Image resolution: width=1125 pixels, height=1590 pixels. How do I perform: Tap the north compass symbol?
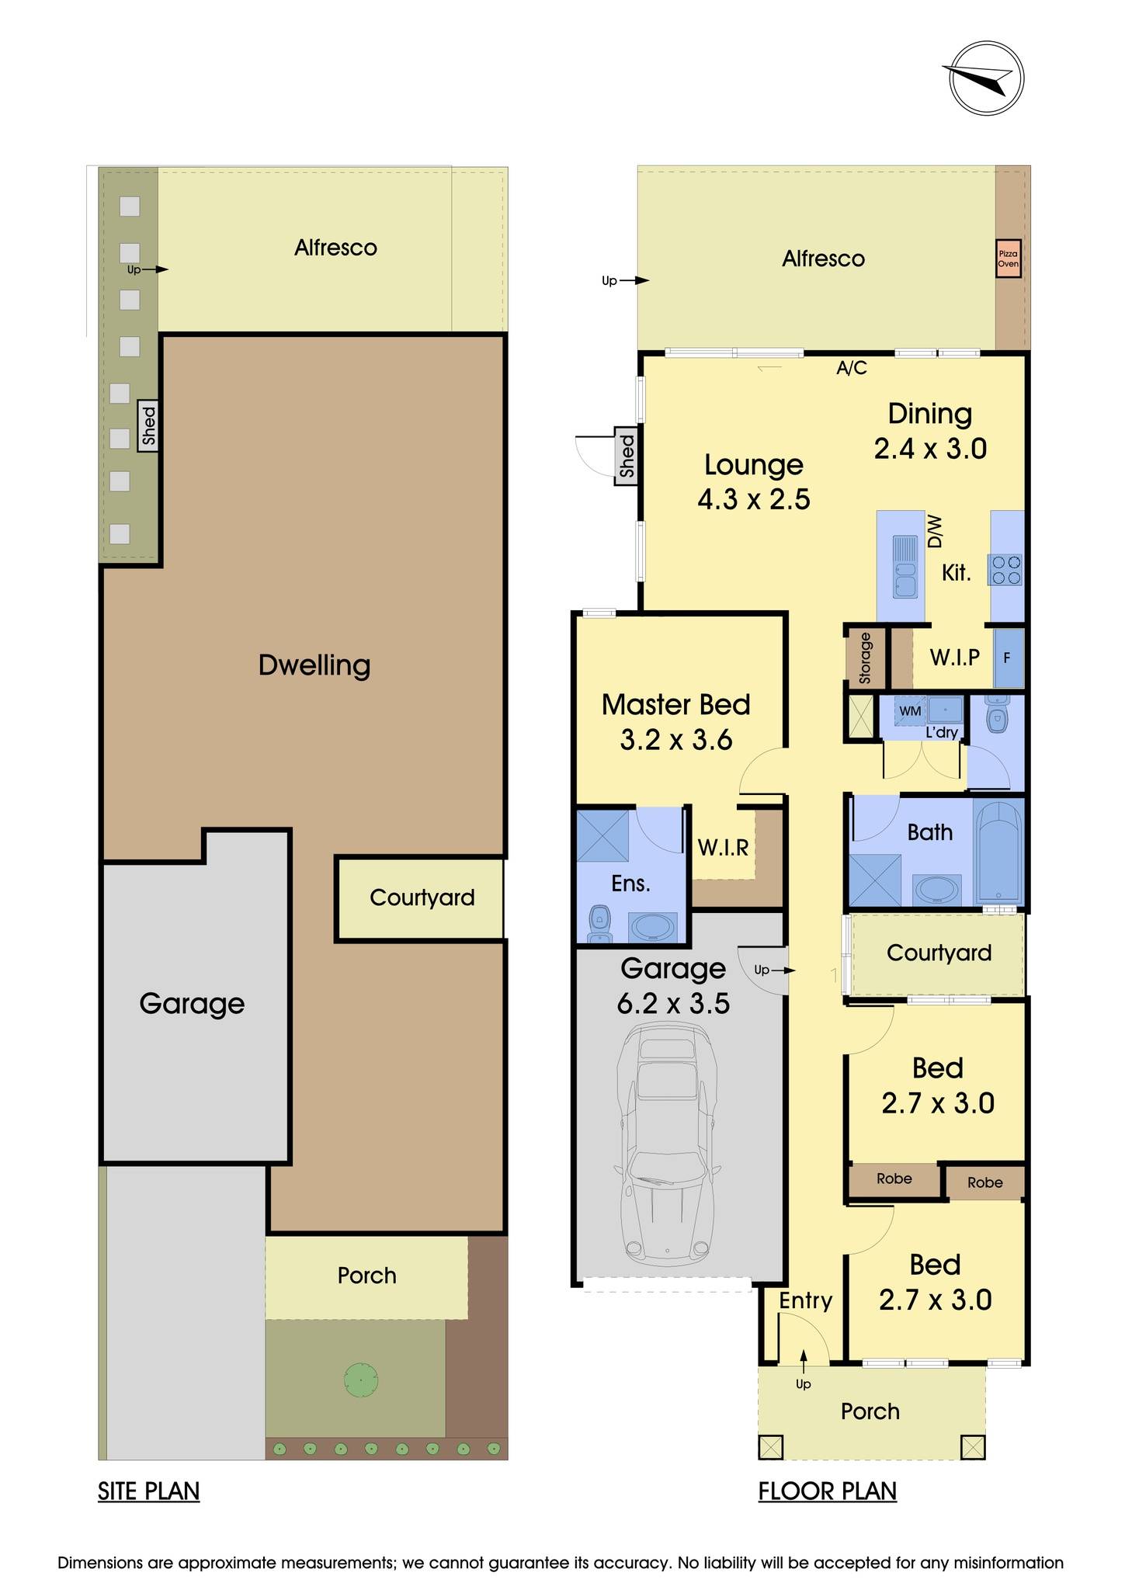(x=986, y=78)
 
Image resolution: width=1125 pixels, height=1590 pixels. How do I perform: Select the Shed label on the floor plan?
(x=627, y=456)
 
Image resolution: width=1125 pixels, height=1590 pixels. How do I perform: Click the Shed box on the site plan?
(x=148, y=425)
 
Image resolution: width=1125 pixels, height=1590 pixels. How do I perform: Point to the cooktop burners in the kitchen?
(x=1006, y=569)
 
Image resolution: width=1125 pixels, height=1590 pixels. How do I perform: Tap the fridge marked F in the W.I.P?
(x=1008, y=658)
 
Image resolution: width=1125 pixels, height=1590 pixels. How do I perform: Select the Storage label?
(x=866, y=658)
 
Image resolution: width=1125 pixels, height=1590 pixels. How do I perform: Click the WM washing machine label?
(x=910, y=710)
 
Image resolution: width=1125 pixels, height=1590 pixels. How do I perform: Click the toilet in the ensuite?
(x=599, y=923)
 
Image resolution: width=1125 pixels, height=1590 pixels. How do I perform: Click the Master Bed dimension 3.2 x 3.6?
(x=675, y=739)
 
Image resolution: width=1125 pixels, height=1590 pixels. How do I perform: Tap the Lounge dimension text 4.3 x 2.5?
(x=753, y=498)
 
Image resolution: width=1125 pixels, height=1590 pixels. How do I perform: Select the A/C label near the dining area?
(x=851, y=368)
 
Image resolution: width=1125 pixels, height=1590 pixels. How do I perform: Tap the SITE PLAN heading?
(x=148, y=1491)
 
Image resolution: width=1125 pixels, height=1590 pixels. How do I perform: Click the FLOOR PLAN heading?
(x=827, y=1491)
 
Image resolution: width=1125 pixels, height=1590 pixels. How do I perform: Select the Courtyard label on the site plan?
(x=422, y=897)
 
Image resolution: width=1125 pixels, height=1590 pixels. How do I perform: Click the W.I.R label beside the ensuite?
(x=723, y=847)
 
